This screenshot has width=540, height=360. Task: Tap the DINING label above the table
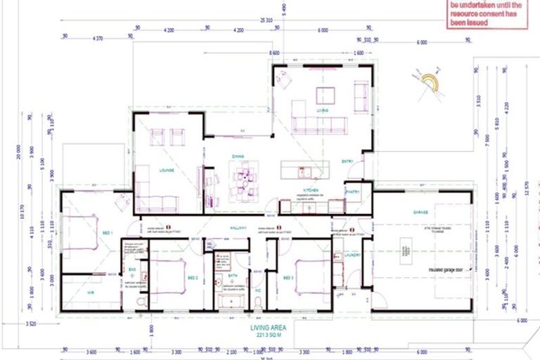coord(238,156)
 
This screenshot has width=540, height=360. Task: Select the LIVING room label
coord(323,110)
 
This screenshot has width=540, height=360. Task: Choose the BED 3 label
coord(288,278)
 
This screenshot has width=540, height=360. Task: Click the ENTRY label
coord(347,161)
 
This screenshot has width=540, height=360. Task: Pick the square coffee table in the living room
coord(325,95)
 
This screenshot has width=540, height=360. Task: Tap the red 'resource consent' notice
coord(486,13)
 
